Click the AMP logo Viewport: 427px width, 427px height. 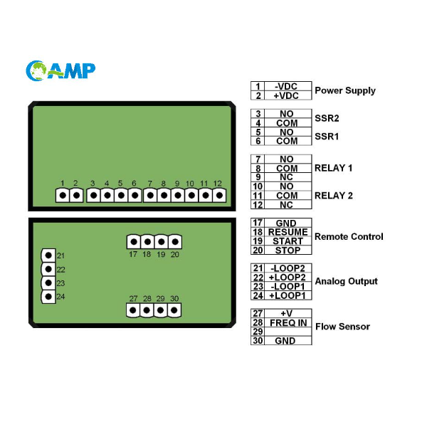coord(60,70)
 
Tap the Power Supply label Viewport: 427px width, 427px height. coord(344,90)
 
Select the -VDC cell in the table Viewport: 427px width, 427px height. coord(287,86)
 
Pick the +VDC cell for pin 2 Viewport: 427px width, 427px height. coord(287,95)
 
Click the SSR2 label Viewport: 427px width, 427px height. coord(327,118)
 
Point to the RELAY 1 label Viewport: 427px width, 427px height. coord(333,169)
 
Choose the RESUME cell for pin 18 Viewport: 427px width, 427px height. coord(288,232)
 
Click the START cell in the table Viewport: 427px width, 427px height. coord(288,241)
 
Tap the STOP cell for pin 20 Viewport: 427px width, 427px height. coord(288,250)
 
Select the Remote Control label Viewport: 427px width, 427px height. coord(349,237)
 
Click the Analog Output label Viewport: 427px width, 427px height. coord(346,282)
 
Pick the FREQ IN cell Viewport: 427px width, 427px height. coord(288,322)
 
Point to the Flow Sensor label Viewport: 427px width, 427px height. coord(342,327)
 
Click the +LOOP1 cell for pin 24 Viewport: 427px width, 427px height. coord(288,295)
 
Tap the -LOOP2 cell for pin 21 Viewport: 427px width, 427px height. coord(288,268)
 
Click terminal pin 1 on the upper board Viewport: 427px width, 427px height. coord(63,195)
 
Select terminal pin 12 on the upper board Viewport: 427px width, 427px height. coord(218,195)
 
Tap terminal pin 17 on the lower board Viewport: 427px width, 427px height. coord(133,242)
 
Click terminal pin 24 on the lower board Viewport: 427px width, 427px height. coord(48,297)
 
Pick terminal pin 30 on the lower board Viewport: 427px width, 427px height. coord(174,310)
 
